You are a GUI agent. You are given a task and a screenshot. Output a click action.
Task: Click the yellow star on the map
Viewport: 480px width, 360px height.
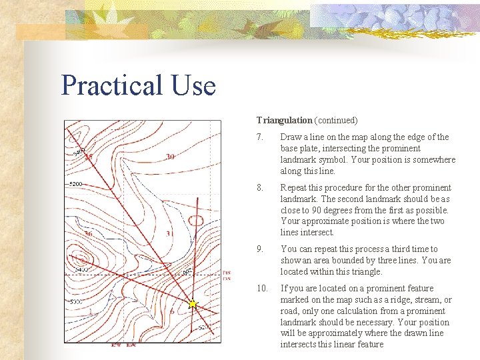[193, 304]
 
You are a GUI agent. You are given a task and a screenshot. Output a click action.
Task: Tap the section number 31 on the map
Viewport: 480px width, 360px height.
[169, 234]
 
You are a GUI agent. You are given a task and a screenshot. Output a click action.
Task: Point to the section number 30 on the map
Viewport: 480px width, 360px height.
[170, 157]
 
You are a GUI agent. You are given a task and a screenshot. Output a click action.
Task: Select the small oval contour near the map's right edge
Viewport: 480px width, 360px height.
[196, 220]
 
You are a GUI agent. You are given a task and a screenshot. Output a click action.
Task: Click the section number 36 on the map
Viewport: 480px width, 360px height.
[87, 234]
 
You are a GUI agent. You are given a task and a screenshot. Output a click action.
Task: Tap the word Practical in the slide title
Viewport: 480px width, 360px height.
[111, 85]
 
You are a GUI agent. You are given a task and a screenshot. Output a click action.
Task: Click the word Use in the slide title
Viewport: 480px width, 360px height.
[193, 85]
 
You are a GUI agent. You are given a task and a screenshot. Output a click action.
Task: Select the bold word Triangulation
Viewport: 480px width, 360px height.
[284, 121]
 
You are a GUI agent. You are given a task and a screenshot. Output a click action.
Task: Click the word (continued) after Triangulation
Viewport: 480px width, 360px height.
[336, 121]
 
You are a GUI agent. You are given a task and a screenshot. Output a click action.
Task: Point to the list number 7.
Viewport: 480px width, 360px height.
[260, 137]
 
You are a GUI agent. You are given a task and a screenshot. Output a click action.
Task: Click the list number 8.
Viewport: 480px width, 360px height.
[260, 188]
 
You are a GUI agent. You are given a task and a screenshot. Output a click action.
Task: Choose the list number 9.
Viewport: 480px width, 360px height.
[260, 249]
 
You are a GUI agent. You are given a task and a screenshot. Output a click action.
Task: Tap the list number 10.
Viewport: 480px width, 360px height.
[262, 289]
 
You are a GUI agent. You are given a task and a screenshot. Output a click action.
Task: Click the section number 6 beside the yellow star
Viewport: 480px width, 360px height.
[172, 311]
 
